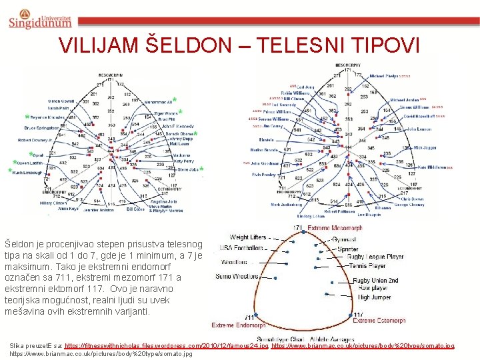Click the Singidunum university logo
pos(39,17)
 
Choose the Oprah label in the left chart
pos(38,155)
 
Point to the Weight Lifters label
pos(248,237)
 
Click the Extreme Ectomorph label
pos(379,321)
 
